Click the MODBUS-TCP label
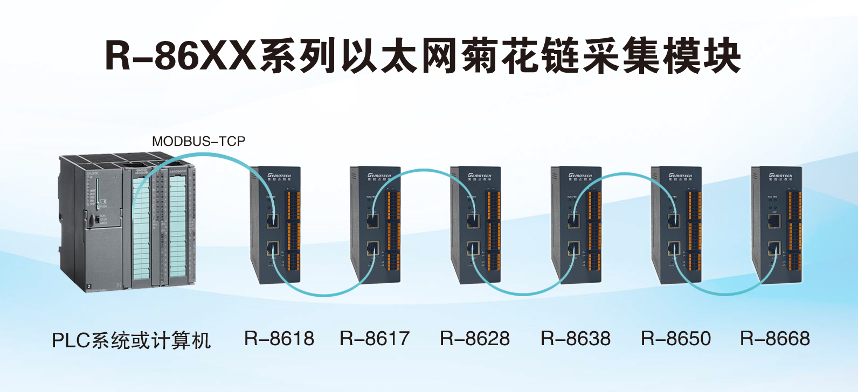tap(198, 142)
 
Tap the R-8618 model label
tap(279, 339)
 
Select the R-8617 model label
tap(375, 339)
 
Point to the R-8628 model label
tap(475, 339)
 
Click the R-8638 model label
tap(576, 339)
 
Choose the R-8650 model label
tap(676, 339)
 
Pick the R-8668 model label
tap(775, 339)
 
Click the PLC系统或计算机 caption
tap(131, 340)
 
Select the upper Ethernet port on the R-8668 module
tap(774, 220)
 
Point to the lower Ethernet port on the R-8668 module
tap(774, 249)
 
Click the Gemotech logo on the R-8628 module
tap(479, 176)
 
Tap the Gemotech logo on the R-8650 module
tap(680, 176)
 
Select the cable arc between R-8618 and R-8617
tap(323, 294)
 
